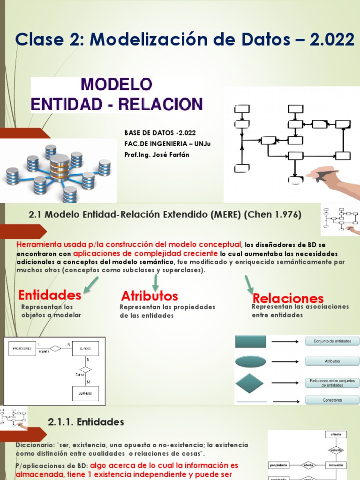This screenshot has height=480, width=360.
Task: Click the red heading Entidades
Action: pyautogui.click(x=50, y=295)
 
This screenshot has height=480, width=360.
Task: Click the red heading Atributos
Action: pyautogui.click(x=150, y=296)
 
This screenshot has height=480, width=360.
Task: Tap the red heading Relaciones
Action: pyautogui.click(x=288, y=298)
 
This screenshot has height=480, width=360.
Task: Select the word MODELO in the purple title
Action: pyautogui.click(x=117, y=84)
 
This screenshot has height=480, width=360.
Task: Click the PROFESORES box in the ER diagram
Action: pyautogui.click(x=22, y=349)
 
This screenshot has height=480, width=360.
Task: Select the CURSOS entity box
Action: pyautogui.click(x=85, y=349)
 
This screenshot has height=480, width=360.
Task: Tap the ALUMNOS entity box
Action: pyautogui.click(x=85, y=393)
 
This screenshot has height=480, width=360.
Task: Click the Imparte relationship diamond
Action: pyautogui.click(x=55, y=348)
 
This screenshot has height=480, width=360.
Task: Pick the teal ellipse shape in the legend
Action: pyautogui.click(x=251, y=361)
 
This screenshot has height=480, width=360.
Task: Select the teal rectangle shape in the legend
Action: pyautogui.click(x=251, y=341)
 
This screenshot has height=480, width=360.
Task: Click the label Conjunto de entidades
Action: pyautogui.click(x=332, y=341)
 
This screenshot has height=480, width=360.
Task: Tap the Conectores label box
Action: pyautogui.click(x=332, y=400)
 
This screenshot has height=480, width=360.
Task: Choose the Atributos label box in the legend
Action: pyautogui.click(x=332, y=361)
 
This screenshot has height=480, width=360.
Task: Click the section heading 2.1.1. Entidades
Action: pyautogui.click(x=86, y=422)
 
